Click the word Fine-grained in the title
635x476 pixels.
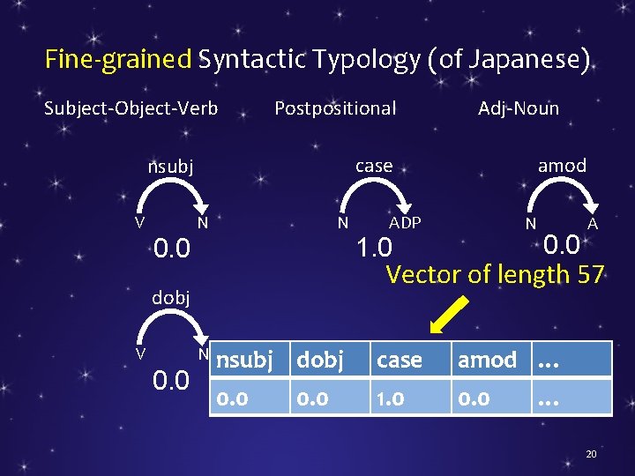(118, 60)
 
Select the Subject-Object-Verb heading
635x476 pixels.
(131, 108)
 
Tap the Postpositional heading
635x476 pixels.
(335, 108)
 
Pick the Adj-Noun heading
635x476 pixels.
(519, 108)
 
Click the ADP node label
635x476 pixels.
(405, 223)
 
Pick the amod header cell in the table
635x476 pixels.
(487, 360)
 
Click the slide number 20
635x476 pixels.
(591, 453)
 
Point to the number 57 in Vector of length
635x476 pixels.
(590, 274)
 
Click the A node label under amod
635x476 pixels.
(593, 224)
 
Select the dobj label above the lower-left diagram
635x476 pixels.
(170, 298)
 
